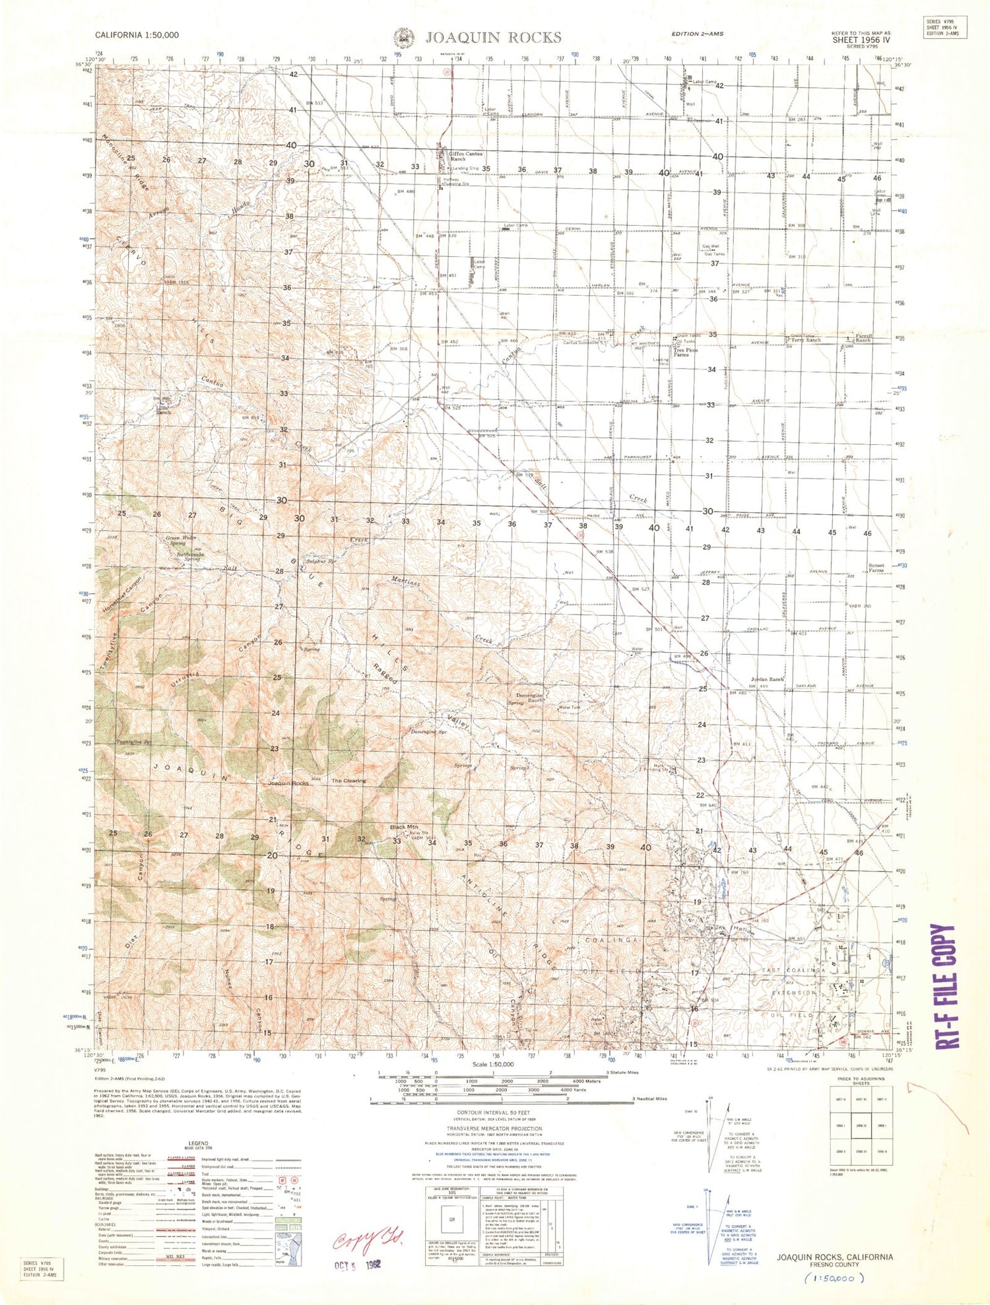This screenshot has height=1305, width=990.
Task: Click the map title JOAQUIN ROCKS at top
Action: (x=493, y=38)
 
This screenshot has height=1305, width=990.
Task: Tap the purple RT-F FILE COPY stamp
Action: (x=946, y=986)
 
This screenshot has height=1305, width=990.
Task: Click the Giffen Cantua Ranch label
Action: (x=466, y=156)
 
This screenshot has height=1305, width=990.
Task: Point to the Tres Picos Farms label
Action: (x=685, y=352)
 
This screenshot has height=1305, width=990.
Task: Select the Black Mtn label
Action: (x=403, y=827)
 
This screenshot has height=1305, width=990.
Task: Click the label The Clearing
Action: (x=348, y=781)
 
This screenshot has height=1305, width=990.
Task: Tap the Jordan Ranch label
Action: (x=767, y=679)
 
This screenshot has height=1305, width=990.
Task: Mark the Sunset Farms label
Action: (x=876, y=568)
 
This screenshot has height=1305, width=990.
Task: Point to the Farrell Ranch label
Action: (x=863, y=338)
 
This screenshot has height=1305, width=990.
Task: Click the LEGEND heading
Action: (x=198, y=1143)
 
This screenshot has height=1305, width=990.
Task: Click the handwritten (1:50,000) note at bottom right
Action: (x=835, y=1279)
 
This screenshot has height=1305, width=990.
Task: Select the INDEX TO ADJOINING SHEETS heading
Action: (x=861, y=1081)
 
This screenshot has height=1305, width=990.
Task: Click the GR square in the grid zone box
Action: (x=452, y=1219)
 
